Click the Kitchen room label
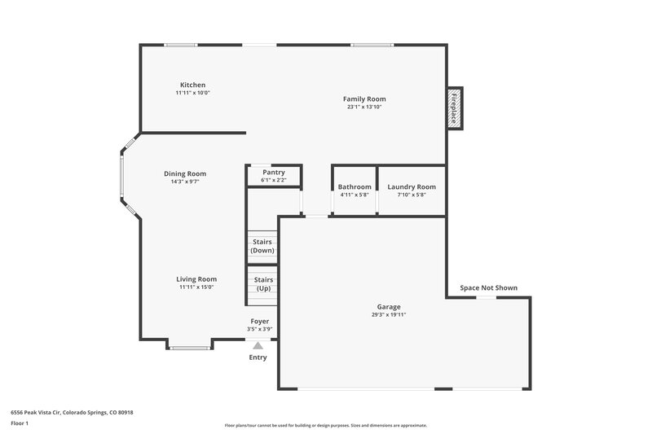[193, 85]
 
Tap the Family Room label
[364, 99]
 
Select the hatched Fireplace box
[455, 107]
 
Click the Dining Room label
[185, 173]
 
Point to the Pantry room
[274, 175]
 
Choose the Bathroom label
[355, 187]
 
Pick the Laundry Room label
[412, 187]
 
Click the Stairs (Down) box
[262, 246]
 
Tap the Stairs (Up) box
[263, 284]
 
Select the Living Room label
[196, 279]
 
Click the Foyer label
[259, 322]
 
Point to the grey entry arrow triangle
[258, 345]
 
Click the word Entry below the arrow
[258, 357]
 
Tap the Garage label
[389, 307]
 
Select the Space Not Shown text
[488, 287]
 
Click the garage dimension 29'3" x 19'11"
[389, 315]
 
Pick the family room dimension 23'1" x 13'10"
[364, 107]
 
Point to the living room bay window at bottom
[190, 348]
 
